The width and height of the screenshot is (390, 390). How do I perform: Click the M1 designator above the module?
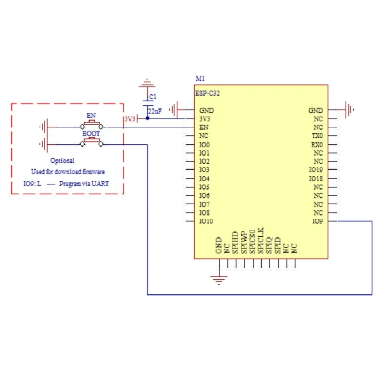200,79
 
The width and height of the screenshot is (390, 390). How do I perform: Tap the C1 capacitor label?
153,96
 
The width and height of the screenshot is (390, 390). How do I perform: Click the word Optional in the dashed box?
62,160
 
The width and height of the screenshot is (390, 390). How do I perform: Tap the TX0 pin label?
317,136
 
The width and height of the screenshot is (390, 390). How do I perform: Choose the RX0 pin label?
317,145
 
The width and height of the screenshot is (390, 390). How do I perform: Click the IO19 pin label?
316,170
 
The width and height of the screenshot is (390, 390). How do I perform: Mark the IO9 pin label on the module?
317,222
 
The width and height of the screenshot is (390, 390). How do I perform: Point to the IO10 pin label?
206,222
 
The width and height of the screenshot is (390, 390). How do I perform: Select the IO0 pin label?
204,145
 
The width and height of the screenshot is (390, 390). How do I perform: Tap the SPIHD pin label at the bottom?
235,243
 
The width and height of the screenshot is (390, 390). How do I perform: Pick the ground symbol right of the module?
349,110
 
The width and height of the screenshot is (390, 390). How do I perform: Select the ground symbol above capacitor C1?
147,83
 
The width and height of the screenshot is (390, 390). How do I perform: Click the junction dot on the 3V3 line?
147,119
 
